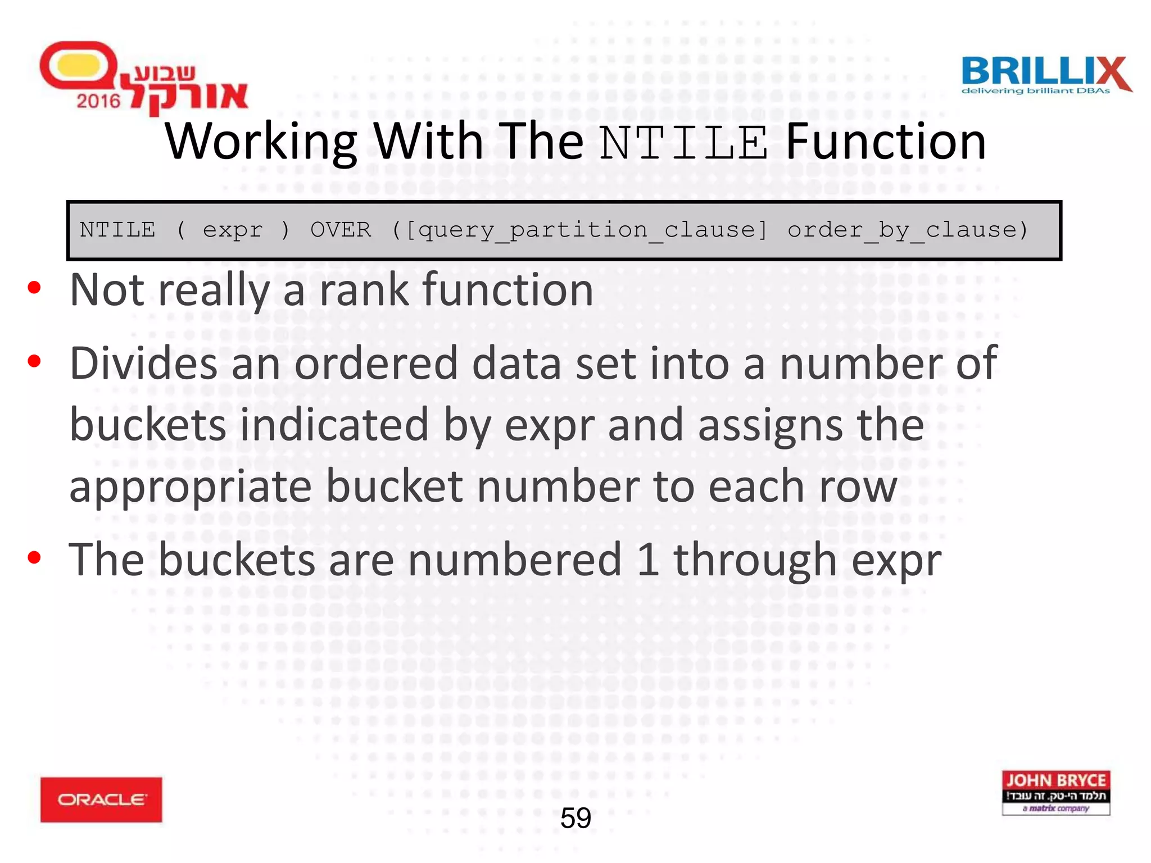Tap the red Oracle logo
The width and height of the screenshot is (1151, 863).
point(101,799)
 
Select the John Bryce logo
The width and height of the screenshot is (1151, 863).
point(1055,792)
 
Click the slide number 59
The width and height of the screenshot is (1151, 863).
point(575,818)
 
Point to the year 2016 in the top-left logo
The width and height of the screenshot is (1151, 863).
point(98,101)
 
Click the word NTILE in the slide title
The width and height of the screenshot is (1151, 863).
point(683,143)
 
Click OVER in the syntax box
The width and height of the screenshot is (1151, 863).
point(341,230)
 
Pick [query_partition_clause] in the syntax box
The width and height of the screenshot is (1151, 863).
point(586,230)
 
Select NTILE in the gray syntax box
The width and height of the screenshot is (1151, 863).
point(117,230)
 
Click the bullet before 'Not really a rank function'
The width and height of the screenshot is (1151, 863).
point(35,288)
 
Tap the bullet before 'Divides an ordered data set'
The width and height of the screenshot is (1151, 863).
point(35,361)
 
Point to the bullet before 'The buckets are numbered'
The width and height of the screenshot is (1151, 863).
point(35,557)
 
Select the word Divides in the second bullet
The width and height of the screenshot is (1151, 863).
point(143,364)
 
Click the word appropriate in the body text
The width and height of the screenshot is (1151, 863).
point(190,487)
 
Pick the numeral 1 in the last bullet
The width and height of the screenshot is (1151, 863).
point(648,560)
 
